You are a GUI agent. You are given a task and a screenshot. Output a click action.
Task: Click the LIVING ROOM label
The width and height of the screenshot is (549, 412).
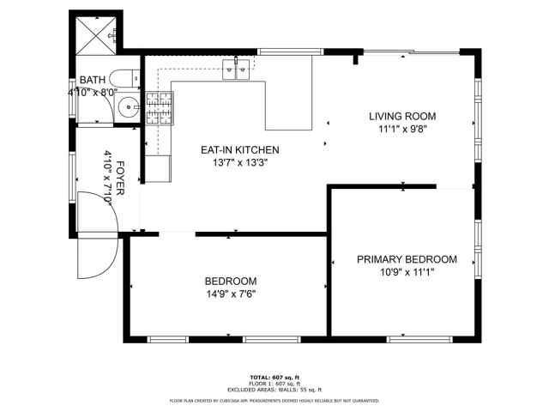402,116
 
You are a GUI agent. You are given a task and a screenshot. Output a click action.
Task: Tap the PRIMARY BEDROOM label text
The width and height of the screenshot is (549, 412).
407,259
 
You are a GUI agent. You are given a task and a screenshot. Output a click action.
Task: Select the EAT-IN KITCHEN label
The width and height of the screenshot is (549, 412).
239,149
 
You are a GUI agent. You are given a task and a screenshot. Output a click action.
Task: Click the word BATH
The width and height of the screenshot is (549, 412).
92,79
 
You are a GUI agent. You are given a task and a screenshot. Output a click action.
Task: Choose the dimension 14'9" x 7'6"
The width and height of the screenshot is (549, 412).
230,294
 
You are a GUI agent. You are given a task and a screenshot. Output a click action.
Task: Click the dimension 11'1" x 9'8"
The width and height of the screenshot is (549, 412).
402,129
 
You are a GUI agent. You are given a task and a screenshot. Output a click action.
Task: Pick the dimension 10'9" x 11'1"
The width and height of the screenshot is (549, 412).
407,272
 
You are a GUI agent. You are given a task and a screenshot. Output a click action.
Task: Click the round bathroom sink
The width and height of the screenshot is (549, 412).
128,108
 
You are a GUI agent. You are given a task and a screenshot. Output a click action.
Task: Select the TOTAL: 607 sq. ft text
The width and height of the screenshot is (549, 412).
274,378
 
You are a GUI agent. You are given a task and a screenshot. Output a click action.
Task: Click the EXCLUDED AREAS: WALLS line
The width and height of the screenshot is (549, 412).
274,390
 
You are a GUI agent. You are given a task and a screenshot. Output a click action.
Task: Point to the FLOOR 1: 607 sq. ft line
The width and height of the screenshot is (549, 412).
274,384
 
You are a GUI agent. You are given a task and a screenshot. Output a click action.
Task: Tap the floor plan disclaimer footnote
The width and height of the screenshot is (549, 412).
274,400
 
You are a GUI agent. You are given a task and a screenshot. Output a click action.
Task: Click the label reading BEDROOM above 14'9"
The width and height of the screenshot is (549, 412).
230,282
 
